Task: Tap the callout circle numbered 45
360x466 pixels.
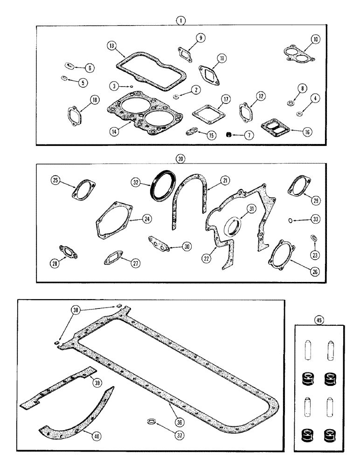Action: (x=319, y=319)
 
